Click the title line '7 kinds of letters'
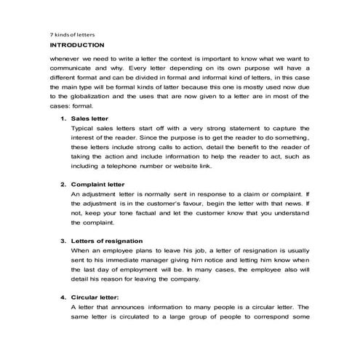(x=72, y=33)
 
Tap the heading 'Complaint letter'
(x=98, y=184)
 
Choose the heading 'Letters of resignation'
(x=107, y=240)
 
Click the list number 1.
(x=63, y=117)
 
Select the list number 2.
(x=63, y=184)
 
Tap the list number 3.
(x=63, y=240)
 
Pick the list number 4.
(x=63, y=297)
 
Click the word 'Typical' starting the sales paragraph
(x=84, y=127)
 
